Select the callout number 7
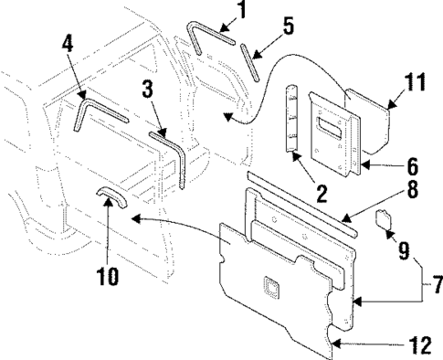[435, 285]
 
